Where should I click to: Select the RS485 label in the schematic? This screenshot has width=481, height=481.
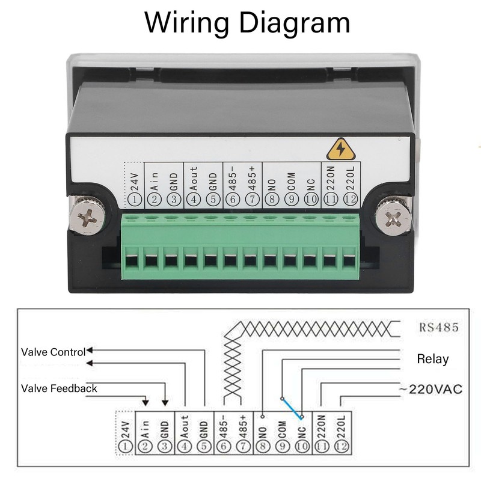point(438,328)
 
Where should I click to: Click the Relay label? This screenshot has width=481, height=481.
point(433,359)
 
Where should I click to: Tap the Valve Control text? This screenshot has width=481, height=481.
point(54,352)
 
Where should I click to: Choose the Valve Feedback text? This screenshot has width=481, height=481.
point(59,388)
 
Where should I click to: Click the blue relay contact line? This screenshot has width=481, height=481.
point(292,407)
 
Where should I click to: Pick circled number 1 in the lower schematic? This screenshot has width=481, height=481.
point(125,446)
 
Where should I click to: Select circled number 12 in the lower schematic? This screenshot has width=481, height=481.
point(342,446)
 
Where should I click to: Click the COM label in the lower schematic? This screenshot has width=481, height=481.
point(283,426)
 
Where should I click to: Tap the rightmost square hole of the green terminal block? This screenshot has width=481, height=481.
point(349,261)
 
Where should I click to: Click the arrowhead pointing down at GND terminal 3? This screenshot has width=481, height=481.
point(165,402)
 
